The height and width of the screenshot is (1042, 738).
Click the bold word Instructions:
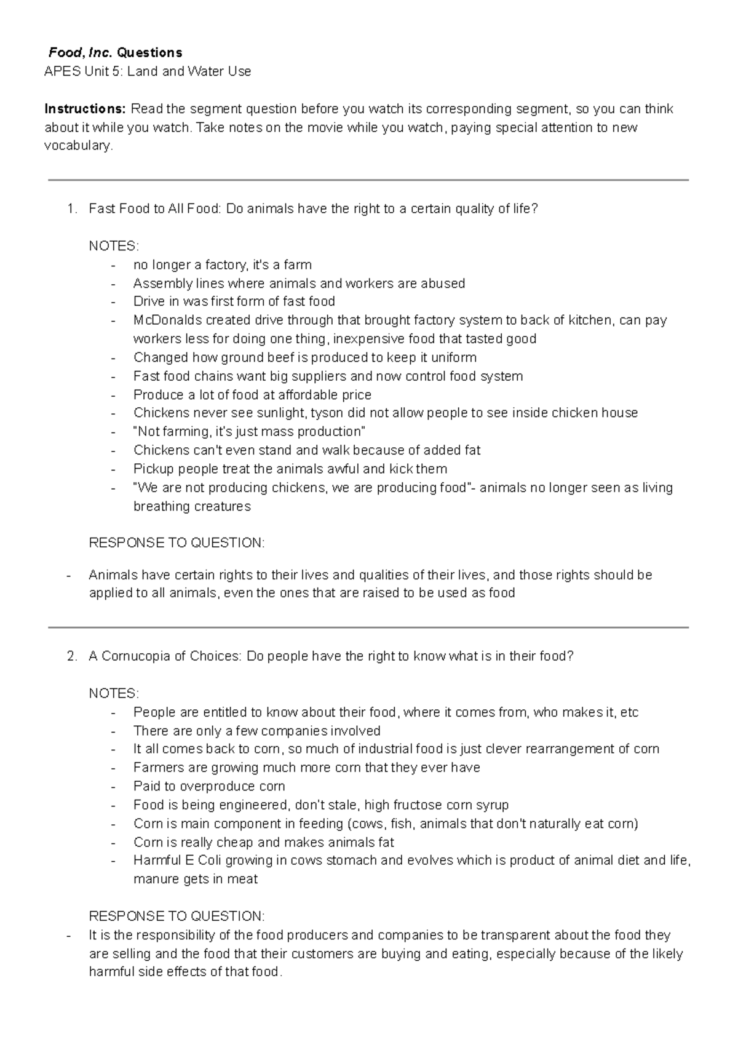[84, 109]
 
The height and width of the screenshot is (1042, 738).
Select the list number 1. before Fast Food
[72, 209]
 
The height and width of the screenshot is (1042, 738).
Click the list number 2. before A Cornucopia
[72, 656]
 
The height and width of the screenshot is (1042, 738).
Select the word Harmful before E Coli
[157, 860]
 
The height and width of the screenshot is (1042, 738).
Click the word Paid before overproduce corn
[147, 786]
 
